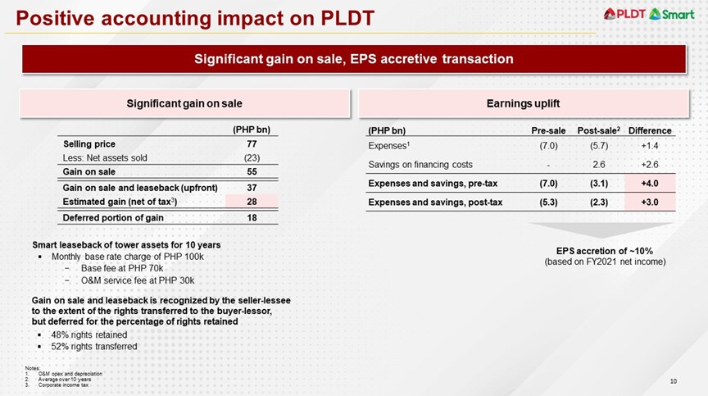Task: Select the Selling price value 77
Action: pos(252,144)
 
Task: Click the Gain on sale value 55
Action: pos(252,172)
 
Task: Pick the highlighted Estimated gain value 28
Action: pos(252,202)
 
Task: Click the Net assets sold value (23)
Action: pos(252,157)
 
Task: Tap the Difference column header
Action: pos(650,130)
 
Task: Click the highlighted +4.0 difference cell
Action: pos(650,183)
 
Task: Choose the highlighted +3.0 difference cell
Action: pos(650,202)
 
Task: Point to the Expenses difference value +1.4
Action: pos(650,145)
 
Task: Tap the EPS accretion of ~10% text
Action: pos(605,251)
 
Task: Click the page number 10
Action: pos(674,380)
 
